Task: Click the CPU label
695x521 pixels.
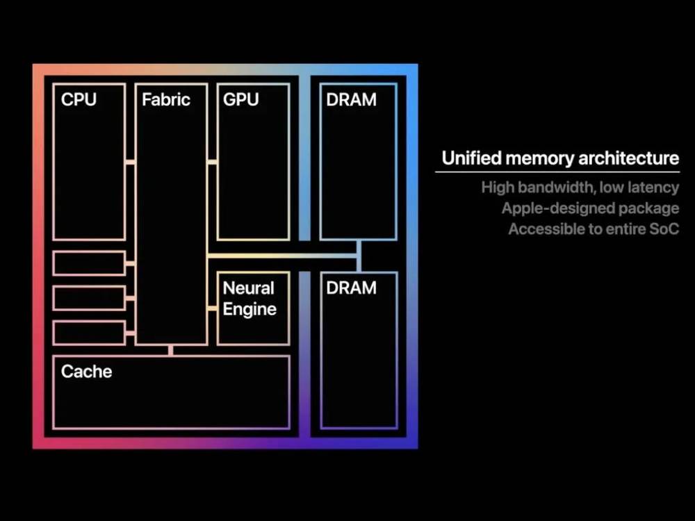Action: pos(79,99)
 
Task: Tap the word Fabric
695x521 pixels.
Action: pos(165,99)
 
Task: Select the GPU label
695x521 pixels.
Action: pos(240,99)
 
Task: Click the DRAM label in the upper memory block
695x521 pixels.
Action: pos(351,99)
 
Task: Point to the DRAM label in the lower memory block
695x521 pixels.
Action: pos(351,288)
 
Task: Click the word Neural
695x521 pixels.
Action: pos(248,288)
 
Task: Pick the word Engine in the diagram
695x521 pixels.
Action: pos(250,309)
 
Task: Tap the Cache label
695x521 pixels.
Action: pos(86,372)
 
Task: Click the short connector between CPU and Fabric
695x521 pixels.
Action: pos(131,163)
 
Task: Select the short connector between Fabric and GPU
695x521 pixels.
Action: pos(212,163)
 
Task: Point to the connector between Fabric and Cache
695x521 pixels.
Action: pos(171,349)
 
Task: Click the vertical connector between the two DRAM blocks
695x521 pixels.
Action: pos(359,256)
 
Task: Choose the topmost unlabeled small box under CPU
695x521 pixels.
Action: pos(89,263)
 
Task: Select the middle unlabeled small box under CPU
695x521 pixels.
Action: pos(89,298)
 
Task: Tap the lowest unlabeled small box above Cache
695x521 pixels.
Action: pos(89,333)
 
